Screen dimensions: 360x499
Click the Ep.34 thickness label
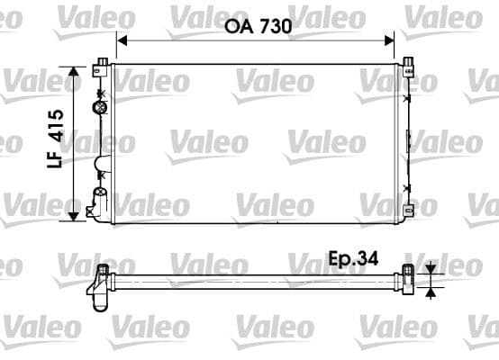tap(352, 258)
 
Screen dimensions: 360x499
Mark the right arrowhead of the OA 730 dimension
tap(390, 40)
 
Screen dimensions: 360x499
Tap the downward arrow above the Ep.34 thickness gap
tap(431, 265)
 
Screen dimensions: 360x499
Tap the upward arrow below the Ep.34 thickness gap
tap(431, 290)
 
